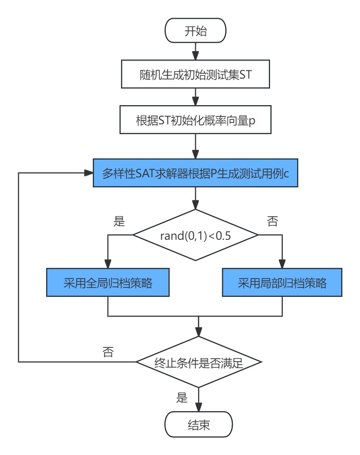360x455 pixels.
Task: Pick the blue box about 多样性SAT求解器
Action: coord(196,172)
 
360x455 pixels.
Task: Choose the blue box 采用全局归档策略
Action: coord(108,283)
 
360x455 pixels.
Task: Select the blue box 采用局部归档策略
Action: coord(283,283)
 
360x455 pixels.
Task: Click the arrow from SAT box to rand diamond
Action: coord(196,198)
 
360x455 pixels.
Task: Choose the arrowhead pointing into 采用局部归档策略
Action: coord(283,264)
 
